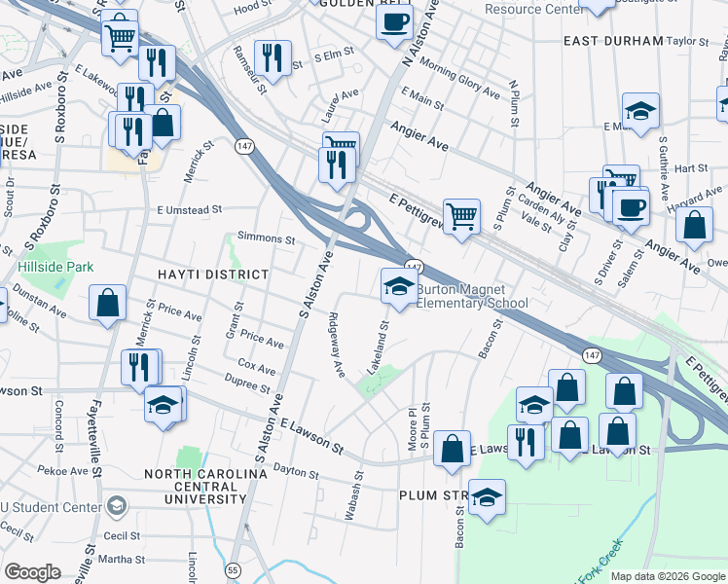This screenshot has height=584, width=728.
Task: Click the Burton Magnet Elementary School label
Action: (x=472, y=296)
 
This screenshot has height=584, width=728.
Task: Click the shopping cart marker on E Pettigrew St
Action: (x=461, y=215)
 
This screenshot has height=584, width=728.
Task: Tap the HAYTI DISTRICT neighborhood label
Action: (x=211, y=275)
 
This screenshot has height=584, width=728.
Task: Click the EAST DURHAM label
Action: (x=613, y=42)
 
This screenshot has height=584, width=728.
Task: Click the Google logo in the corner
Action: (x=32, y=572)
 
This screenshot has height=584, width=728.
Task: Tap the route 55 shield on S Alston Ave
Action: (x=232, y=569)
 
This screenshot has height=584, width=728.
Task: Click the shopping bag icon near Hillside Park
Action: (x=107, y=303)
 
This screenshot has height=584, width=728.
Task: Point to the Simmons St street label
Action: (x=266, y=238)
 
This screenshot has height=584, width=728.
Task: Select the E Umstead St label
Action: (x=190, y=209)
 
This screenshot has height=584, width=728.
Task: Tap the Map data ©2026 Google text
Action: (x=668, y=576)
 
